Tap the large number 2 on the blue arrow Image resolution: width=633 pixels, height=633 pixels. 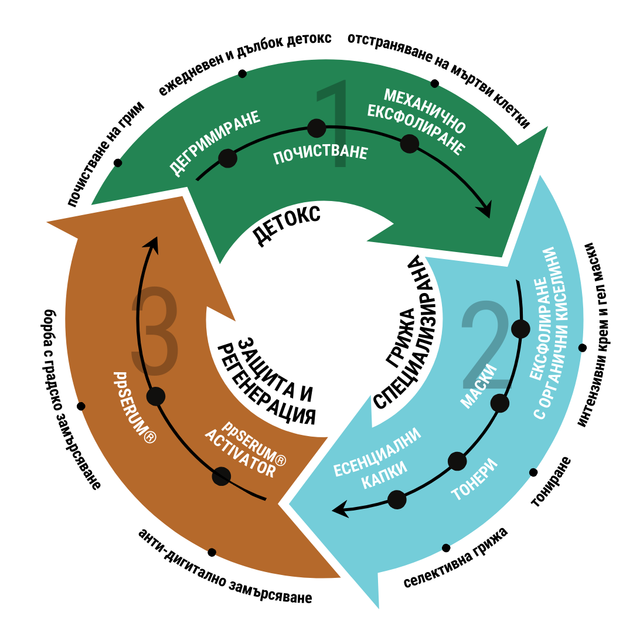[x=485, y=346]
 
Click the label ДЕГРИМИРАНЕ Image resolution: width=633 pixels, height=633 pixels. [x=215, y=142]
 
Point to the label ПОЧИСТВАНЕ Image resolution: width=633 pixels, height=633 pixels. [x=321, y=155]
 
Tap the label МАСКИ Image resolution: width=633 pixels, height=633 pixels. [x=479, y=387]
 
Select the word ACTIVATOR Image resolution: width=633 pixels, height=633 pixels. [x=240, y=453]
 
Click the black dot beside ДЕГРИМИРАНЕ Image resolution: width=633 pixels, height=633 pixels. [x=227, y=158]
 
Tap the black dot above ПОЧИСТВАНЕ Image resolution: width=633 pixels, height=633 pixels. [x=316, y=128]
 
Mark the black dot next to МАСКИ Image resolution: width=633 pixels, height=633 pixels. [x=500, y=403]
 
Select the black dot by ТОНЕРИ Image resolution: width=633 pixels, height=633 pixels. [x=457, y=461]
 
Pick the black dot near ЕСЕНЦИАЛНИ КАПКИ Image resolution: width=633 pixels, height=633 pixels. [x=397, y=499]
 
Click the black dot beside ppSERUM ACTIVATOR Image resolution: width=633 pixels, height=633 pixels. [x=221, y=476]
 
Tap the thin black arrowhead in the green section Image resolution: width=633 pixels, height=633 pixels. [x=485, y=212]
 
